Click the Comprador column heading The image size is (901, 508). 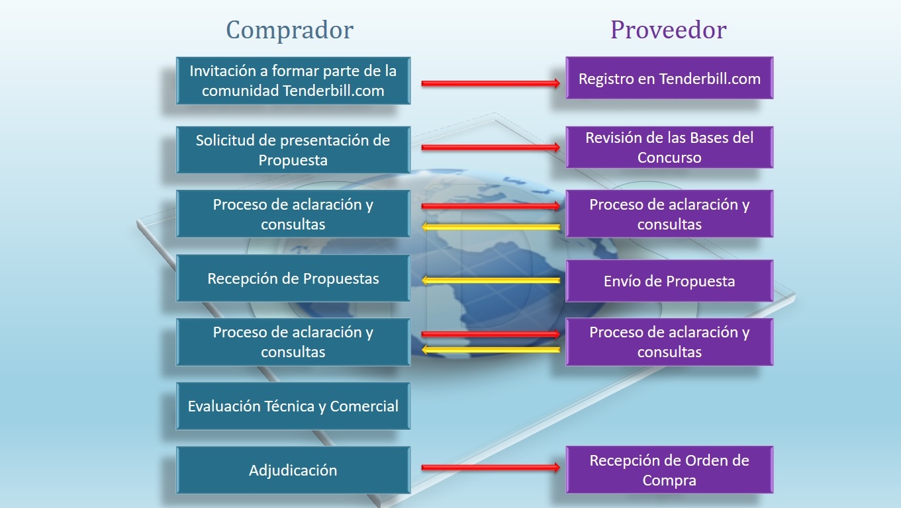290,30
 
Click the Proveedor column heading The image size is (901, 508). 668,30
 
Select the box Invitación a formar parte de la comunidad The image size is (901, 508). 293,80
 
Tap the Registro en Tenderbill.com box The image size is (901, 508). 669,79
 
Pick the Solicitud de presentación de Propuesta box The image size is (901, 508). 293,150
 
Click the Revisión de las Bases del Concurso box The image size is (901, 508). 669,148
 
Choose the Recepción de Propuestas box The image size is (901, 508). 293,278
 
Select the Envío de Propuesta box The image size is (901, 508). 669,281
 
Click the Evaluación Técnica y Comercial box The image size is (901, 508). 293,406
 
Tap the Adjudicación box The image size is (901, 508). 293,470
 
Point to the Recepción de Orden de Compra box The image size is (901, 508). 669,470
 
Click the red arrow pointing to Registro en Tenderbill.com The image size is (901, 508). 491,83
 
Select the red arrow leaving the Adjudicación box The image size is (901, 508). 491,468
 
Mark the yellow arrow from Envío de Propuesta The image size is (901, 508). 491,280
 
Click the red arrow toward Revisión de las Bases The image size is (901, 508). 491,148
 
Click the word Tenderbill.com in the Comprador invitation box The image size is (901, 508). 333,91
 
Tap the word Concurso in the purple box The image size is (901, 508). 669,158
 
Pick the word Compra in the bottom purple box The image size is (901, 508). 669,481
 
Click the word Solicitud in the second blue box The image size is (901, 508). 221,140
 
